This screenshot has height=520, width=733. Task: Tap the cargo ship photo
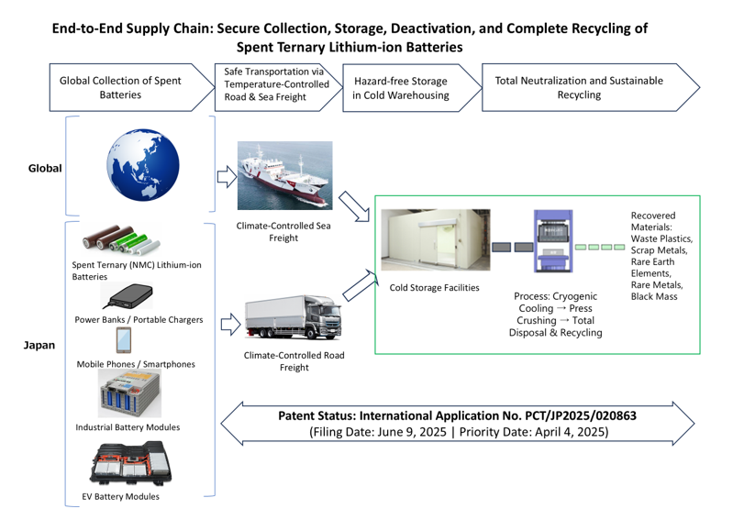click(284, 176)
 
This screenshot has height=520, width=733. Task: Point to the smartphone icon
click(127, 340)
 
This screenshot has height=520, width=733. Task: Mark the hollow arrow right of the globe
click(225, 175)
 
